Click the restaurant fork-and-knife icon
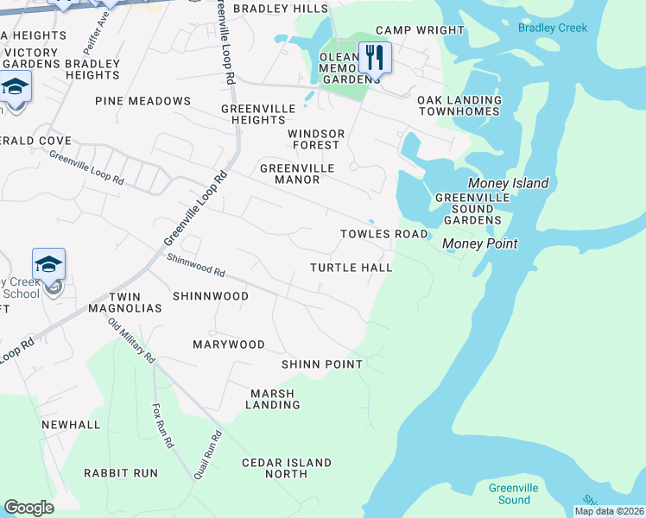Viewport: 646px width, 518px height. coord(374,58)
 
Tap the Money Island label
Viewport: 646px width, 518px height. coord(508,183)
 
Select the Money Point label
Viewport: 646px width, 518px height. coord(480,244)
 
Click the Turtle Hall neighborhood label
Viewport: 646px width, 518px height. coord(351,268)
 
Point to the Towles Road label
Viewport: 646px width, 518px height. coord(383,234)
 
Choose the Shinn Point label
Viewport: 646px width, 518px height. coord(322,364)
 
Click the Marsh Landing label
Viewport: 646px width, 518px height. coord(275,399)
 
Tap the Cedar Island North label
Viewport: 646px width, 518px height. coord(287,468)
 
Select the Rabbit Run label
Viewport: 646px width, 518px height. coord(121,473)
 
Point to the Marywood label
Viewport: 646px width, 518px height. coord(229,344)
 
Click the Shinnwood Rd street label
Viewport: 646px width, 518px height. coord(196,265)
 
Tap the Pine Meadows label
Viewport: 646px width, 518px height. coord(143,101)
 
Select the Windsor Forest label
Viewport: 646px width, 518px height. coord(316,139)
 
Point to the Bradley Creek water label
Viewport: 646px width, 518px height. coord(553,28)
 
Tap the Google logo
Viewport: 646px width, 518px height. coord(28,508)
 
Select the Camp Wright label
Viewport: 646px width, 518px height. coord(420,30)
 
